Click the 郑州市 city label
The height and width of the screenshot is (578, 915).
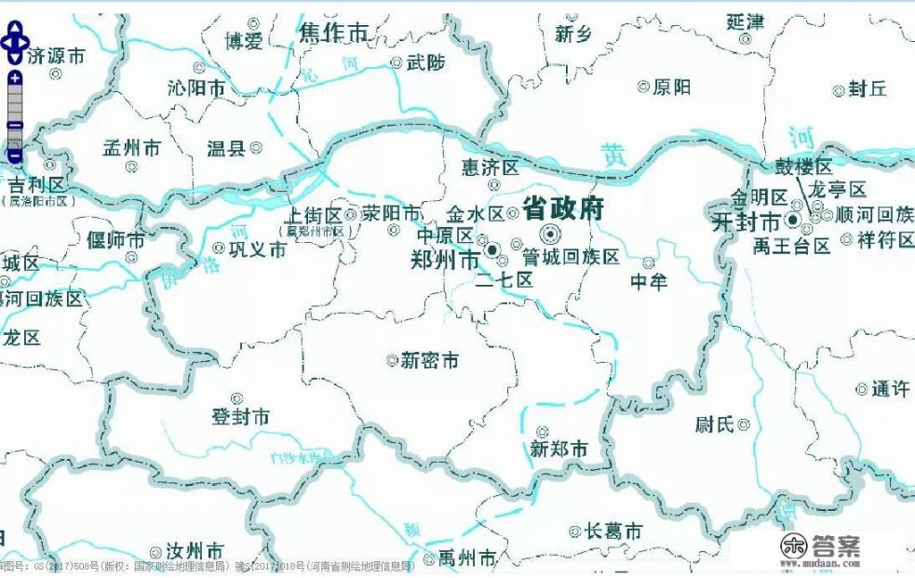point(446,258)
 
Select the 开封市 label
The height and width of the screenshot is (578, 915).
point(746,222)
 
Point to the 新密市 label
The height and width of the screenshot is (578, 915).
point(429,359)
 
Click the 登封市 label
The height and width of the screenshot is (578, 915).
point(240,417)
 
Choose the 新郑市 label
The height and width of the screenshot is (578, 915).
point(558,449)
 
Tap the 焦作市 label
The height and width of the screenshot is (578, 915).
point(333,34)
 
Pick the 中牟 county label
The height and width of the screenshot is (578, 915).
point(649,281)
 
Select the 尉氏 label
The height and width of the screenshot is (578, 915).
point(715,424)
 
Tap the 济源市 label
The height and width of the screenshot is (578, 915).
point(56,56)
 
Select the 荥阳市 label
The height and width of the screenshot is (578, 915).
point(391,213)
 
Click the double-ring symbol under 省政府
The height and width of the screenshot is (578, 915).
point(550,234)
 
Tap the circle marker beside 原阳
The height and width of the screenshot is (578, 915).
point(642,87)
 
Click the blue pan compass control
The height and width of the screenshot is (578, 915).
point(15,42)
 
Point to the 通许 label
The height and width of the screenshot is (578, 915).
point(890,389)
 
